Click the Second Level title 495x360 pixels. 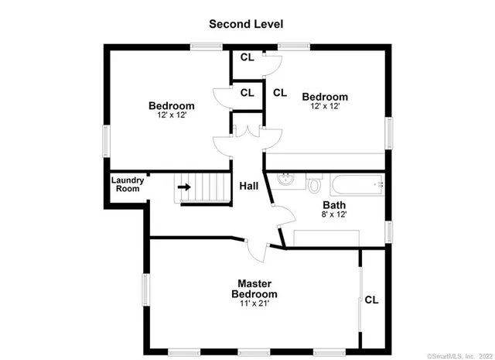pos(247,24)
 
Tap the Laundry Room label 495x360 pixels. pos(126,184)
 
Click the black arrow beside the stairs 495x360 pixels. pos(184,187)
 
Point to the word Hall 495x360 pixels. pos(248,187)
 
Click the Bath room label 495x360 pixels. pos(334,205)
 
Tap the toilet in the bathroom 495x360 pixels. pos(314,185)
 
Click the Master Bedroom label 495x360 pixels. pos(254,289)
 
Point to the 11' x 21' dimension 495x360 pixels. pos(254,303)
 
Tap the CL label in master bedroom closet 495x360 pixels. pos(371,300)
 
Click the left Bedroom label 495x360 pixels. pos(171,105)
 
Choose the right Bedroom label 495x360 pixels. pos(324,97)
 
